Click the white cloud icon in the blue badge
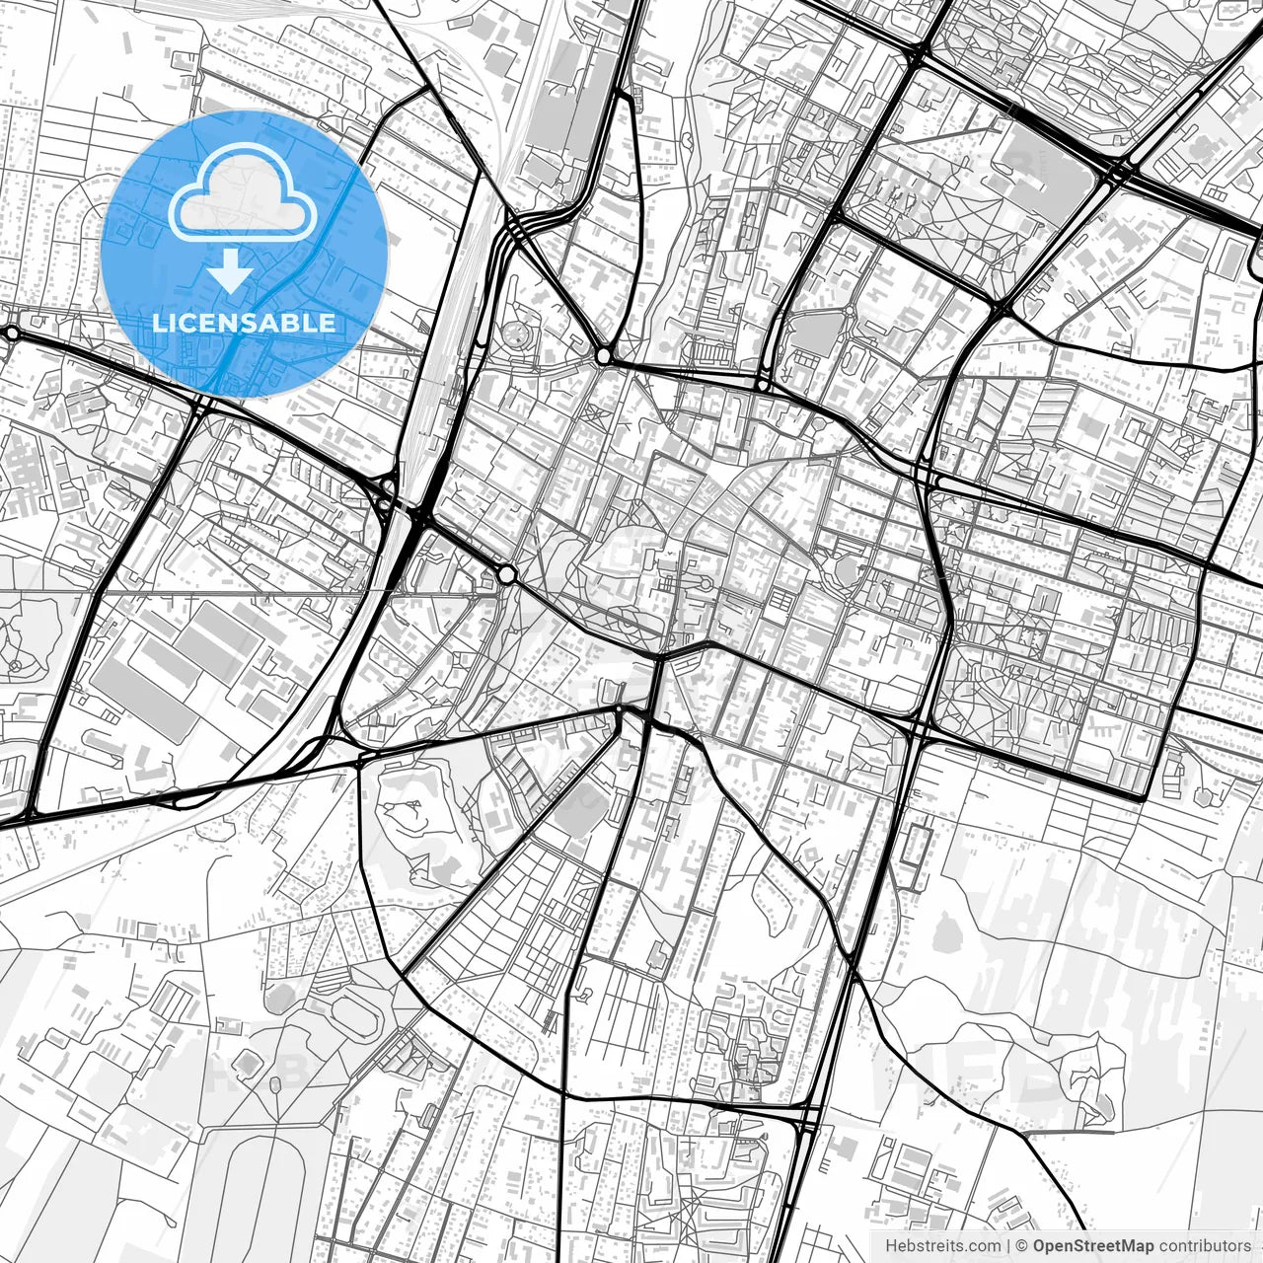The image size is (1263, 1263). (243, 193)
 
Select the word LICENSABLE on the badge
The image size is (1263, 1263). (244, 323)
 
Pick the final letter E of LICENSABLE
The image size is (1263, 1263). (328, 323)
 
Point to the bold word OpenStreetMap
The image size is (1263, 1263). (1093, 1246)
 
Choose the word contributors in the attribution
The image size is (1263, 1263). (1205, 1246)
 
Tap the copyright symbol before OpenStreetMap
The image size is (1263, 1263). (1022, 1246)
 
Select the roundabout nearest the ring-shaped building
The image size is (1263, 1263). (603, 354)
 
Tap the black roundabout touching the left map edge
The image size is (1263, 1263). (10, 334)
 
